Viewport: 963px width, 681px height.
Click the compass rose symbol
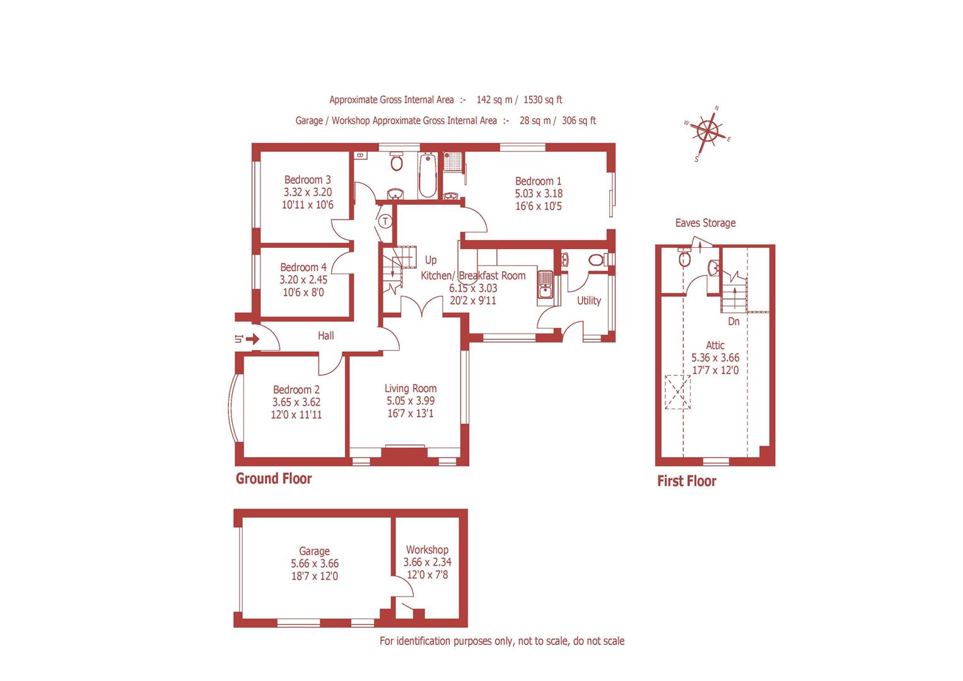[707, 132]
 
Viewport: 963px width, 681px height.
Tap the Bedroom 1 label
[538, 181]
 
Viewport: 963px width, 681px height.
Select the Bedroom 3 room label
[307, 180]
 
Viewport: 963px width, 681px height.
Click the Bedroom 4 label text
[303, 267]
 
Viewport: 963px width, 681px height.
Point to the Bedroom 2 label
[296, 390]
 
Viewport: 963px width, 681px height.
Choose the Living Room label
[411, 388]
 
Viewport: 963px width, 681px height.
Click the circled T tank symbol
[385, 221]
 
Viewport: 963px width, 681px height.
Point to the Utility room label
[589, 301]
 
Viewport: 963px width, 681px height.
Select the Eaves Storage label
[705, 223]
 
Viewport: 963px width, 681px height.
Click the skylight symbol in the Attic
[677, 392]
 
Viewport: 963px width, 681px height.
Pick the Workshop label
[427, 550]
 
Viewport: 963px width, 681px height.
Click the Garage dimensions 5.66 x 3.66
[314, 564]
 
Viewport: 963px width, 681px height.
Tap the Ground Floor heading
[274, 479]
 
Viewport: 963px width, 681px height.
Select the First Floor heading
[686, 481]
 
